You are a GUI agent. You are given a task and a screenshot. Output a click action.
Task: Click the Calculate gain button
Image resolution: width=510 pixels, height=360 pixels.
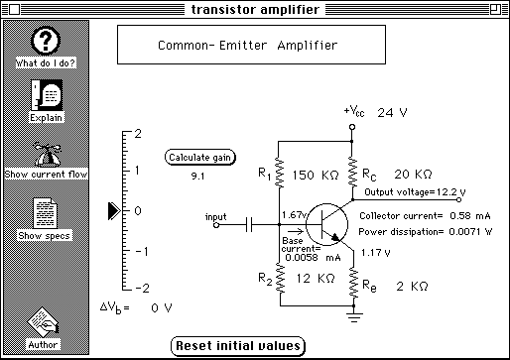click(x=200, y=158)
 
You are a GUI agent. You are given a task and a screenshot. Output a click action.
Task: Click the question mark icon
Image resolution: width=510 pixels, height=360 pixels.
click(x=46, y=41)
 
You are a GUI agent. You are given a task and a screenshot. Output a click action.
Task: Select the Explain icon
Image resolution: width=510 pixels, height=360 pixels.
click(x=47, y=95)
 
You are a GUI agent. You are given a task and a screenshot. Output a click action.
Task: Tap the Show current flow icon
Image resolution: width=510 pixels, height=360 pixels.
click(x=48, y=154)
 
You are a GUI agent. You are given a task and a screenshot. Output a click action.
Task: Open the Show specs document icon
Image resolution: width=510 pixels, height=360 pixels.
click(x=45, y=213)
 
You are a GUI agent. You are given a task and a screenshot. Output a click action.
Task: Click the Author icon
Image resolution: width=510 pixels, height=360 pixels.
click(x=44, y=322)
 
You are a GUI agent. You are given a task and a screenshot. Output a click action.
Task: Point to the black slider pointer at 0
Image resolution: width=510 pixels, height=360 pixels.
click(x=114, y=211)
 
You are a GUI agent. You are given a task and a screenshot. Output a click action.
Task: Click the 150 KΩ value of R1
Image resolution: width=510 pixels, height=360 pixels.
click(x=316, y=175)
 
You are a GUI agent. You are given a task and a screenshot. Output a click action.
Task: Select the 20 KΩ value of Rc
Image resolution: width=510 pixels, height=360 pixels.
click(x=413, y=174)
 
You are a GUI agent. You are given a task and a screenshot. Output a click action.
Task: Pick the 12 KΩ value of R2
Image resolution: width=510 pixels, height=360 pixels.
click(x=316, y=279)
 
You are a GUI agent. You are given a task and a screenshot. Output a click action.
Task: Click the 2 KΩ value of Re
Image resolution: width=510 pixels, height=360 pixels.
click(x=412, y=286)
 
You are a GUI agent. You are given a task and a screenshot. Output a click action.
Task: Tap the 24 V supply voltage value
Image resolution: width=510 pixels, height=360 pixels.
click(x=392, y=113)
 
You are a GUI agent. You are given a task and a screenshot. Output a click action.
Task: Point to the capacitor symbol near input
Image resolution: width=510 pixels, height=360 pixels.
click(x=249, y=225)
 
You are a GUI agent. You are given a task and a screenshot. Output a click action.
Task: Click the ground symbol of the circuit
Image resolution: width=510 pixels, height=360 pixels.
click(x=354, y=317)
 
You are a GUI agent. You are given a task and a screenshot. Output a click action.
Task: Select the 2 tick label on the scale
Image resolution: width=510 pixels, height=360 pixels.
click(x=138, y=134)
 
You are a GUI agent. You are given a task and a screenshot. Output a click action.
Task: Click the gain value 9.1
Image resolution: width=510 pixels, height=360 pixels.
click(x=197, y=177)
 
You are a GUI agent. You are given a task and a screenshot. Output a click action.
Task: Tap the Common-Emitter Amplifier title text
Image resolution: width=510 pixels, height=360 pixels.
click(x=248, y=46)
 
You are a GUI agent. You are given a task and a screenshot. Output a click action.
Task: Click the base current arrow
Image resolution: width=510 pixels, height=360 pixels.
click(x=296, y=231)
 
